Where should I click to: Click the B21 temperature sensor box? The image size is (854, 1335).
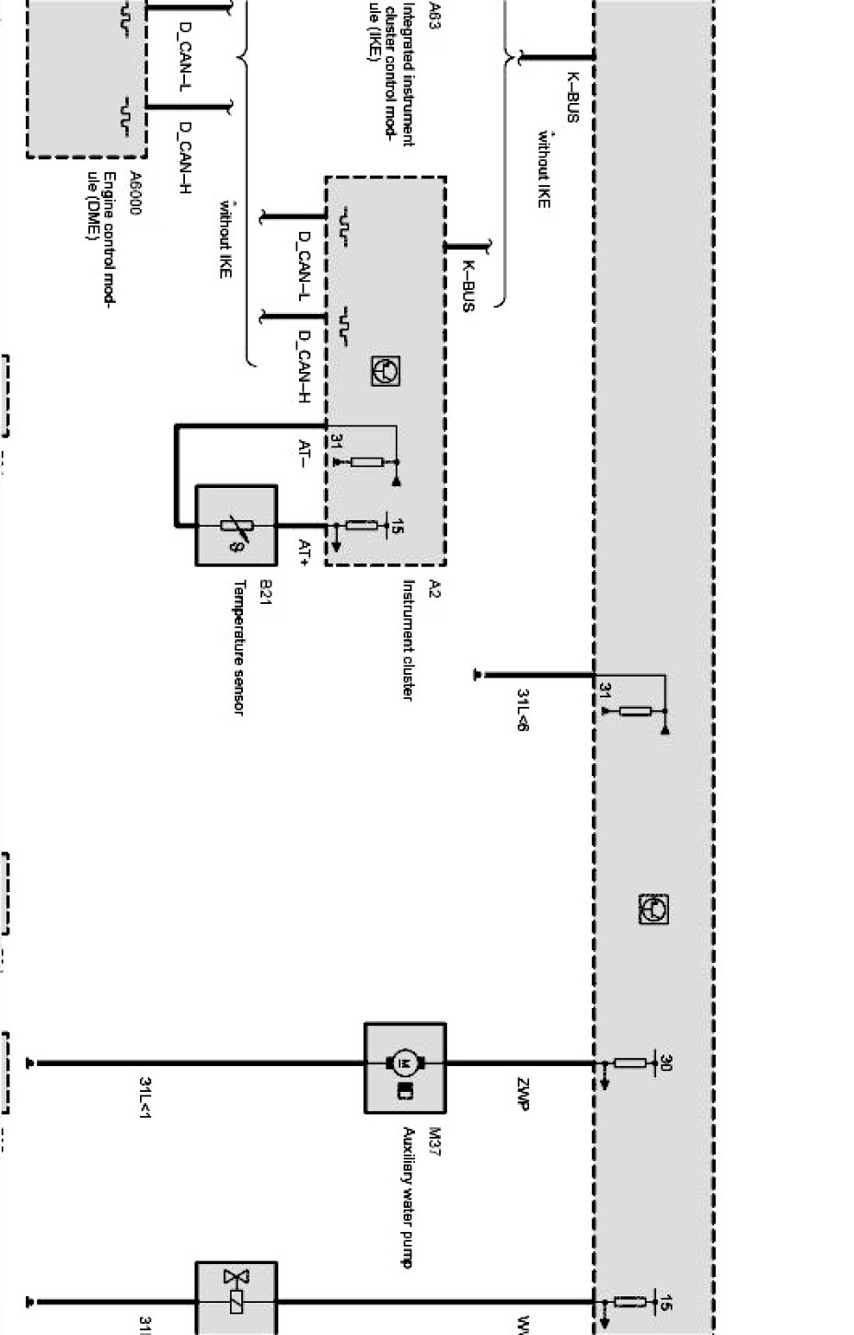(x=236, y=525)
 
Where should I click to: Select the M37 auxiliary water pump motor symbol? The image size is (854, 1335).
(x=405, y=1066)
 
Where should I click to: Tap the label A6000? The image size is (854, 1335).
(x=134, y=193)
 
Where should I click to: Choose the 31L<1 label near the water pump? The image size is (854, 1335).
(x=144, y=1097)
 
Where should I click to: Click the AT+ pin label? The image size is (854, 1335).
(x=305, y=551)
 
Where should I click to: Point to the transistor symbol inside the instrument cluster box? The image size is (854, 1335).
(x=385, y=371)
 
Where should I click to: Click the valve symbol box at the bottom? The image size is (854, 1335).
(x=236, y=1298)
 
